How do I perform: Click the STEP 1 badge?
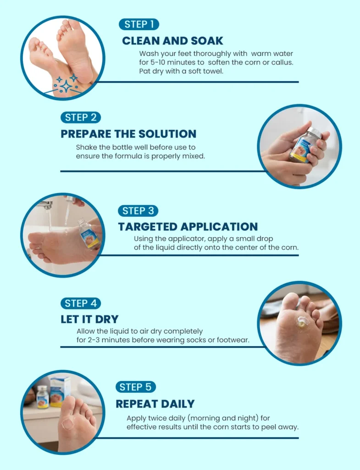(x=139, y=24)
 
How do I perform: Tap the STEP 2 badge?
(x=81, y=117)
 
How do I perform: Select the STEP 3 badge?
(x=138, y=211)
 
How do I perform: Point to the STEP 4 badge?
(x=81, y=303)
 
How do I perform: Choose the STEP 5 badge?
(x=136, y=387)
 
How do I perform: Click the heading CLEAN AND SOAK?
(x=172, y=41)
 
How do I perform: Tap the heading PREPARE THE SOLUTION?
(x=128, y=134)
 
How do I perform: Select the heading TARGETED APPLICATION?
(x=188, y=227)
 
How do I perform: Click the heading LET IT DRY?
(x=89, y=319)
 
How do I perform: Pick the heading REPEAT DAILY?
(x=155, y=404)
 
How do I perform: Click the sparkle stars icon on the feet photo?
(x=66, y=84)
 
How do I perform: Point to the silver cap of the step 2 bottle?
(x=315, y=132)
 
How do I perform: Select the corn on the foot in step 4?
(x=302, y=322)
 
